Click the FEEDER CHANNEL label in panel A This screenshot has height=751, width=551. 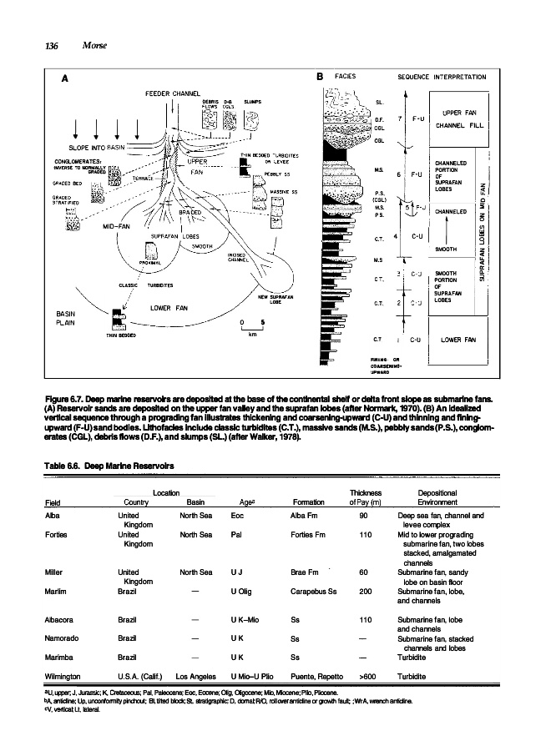[176, 92]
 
